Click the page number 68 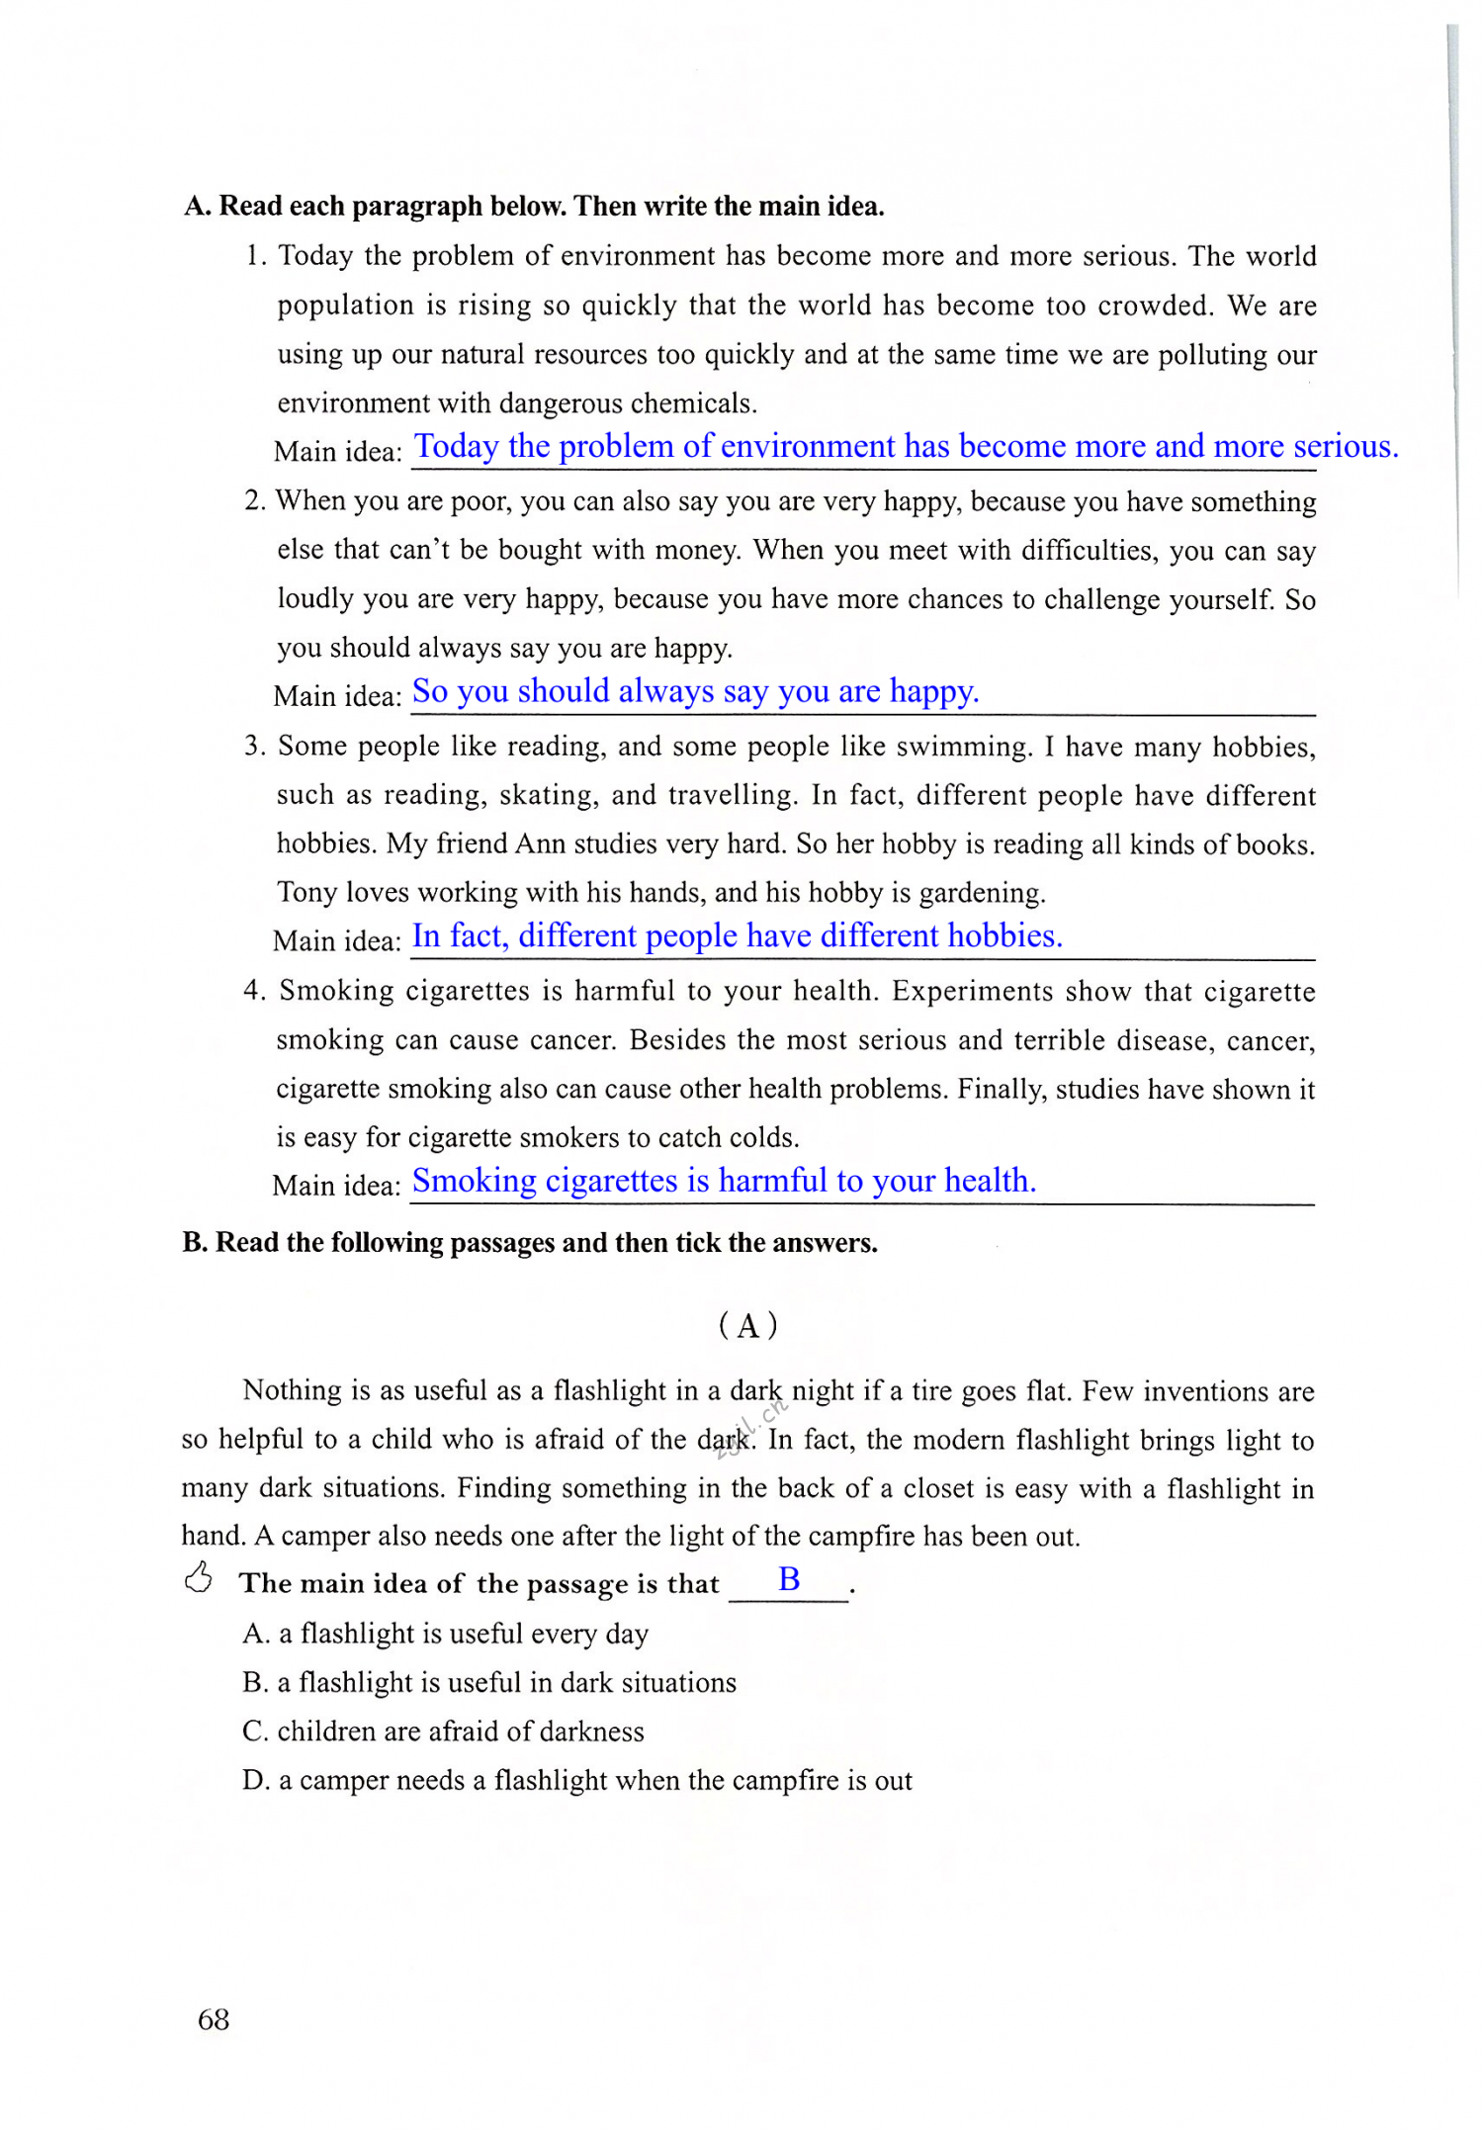[214, 2019]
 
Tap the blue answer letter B [789, 1579]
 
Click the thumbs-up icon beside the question [199, 1578]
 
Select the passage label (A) [748, 1325]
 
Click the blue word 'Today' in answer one [456, 446]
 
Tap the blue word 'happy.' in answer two [934, 690]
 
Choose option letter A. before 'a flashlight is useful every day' [255, 1634]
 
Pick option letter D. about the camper [255, 1781]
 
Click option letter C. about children [255, 1731]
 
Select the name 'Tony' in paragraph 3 [306, 892]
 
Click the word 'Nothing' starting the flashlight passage [292, 1390]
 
